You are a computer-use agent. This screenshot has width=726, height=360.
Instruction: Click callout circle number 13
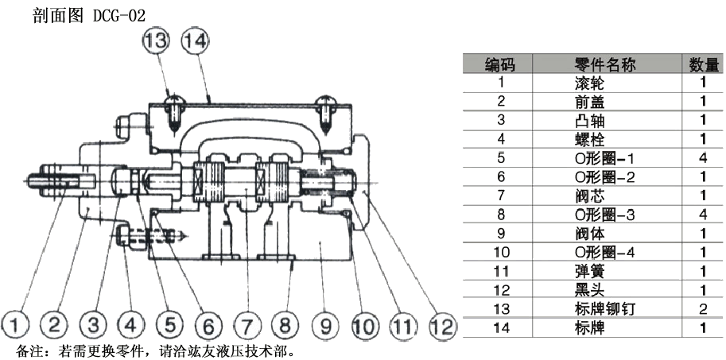click(x=157, y=41)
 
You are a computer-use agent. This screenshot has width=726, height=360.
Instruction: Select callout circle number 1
click(x=16, y=323)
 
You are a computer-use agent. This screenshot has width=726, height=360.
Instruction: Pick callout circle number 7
click(x=247, y=323)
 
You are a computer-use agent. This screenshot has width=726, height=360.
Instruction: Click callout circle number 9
click(x=324, y=323)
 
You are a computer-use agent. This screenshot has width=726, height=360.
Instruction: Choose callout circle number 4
click(x=131, y=323)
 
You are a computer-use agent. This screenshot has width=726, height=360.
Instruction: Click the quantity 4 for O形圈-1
click(x=703, y=158)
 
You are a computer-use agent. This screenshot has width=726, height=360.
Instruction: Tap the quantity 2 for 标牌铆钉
click(x=703, y=309)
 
